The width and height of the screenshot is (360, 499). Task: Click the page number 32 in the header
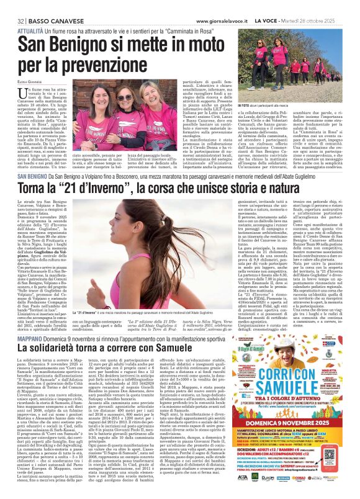coord(12,4)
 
